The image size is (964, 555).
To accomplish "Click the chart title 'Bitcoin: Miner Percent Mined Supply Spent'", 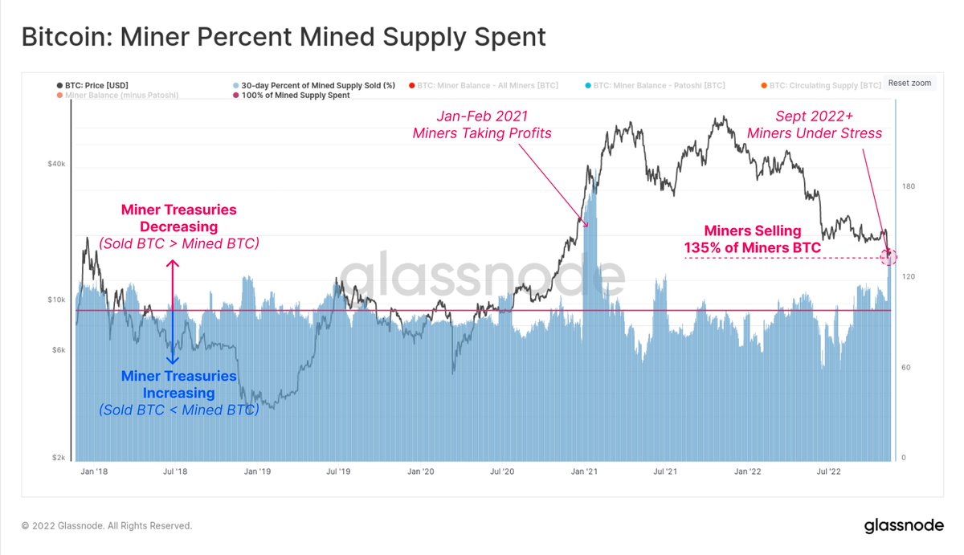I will point(283,37).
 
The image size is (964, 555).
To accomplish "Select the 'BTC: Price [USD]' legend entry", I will point(92,84).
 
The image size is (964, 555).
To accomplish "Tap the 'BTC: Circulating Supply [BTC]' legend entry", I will point(819,84).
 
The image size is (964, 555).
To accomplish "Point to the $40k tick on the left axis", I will point(55,164).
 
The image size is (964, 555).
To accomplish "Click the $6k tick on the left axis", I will point(57,350).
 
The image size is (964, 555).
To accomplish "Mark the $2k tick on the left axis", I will point(57,458).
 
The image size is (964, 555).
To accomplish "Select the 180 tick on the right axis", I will point(908,186).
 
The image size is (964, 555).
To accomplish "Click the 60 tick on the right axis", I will point(906,367).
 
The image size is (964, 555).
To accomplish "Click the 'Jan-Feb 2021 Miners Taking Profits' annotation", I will point(482,124).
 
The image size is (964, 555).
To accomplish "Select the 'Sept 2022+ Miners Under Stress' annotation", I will point(815,124).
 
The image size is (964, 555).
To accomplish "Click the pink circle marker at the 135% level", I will point(888,257).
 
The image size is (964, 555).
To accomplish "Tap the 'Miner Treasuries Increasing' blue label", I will point(179,385).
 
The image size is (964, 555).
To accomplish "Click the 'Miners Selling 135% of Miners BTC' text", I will point(752,239).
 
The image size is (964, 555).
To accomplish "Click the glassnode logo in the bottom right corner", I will point(903,527).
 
